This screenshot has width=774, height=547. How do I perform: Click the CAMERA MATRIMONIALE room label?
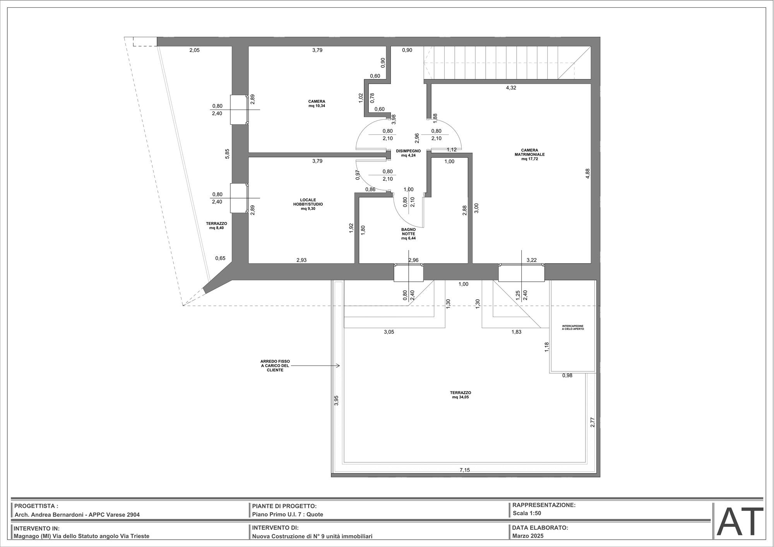coord(529,154)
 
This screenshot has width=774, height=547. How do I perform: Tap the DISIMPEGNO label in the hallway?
coord(408,153)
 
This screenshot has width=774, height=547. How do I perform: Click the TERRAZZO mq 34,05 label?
coord(460,394)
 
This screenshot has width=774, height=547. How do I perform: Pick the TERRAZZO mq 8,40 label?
coord(216,226)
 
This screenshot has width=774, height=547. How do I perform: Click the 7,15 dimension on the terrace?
coord(465,470)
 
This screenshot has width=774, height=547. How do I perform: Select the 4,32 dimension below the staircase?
coord(511,88)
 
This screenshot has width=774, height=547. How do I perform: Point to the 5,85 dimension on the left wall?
coord(228,154)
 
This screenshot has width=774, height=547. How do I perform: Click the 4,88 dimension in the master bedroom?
coord(588,173)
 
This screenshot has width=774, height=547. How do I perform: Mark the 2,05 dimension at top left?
coord(195,50)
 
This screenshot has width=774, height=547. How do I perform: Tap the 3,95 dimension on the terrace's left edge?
coord(336,400)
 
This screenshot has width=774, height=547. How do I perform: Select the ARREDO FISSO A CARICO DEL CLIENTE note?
coord(275,366)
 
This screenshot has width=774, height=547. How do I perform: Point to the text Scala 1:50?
coord(527,514)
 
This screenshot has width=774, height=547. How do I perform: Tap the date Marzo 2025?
coord(528,536)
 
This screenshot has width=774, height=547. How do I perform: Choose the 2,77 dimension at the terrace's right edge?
coord(592,422)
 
